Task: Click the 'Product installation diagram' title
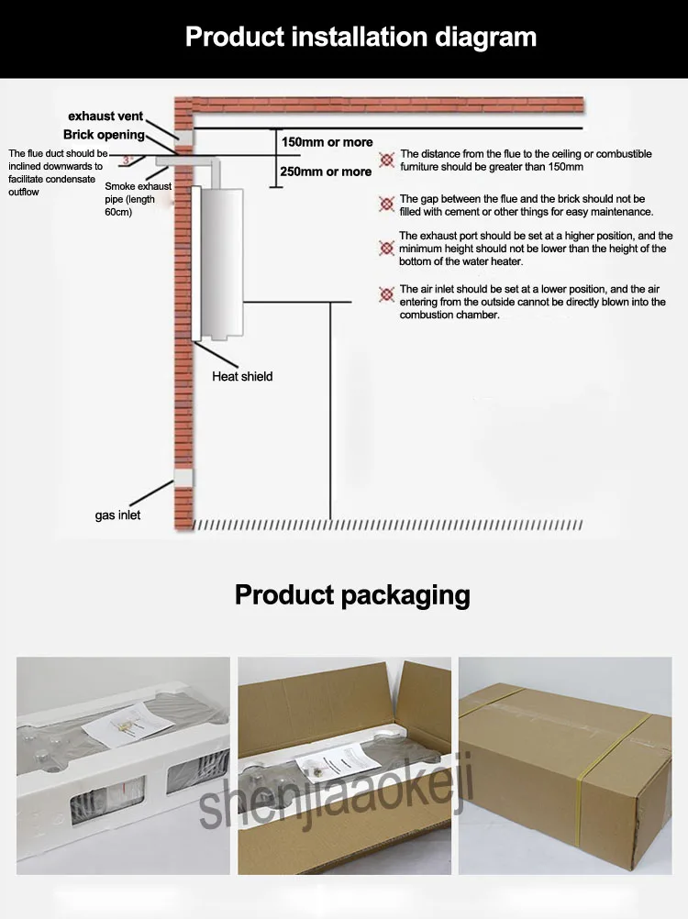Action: point(361,37)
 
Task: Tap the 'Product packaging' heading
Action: point(352,595)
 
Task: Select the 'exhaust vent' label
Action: point(105,116)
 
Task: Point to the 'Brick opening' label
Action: point(104,134)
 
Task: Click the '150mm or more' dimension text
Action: point(327,142)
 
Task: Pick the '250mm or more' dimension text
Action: point(326,172)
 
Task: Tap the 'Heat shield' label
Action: point(242,376)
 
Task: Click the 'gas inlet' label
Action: point(117,515)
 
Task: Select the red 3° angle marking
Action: point(128,160)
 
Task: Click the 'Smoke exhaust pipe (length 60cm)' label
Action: point(138,199)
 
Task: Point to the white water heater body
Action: point(221,264)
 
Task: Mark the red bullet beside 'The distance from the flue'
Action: point(386,160)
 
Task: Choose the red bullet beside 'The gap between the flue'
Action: point(386,204)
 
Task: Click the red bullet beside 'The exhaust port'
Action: point(386,249)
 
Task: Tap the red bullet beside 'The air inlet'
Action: point(386,294)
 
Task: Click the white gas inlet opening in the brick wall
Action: point(183,478)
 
